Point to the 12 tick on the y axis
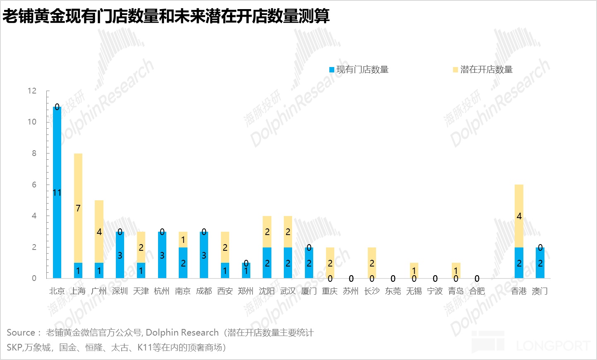click(32, 91)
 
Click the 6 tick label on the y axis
click(34, 185)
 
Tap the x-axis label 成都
click(204, 291)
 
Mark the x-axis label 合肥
click(477, 291)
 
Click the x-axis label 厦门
click(309, 291)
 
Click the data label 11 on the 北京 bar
click(57, 192)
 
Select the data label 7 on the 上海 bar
click(78, 208)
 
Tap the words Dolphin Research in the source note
click(182, 332)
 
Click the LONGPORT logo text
click(553, 346)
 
